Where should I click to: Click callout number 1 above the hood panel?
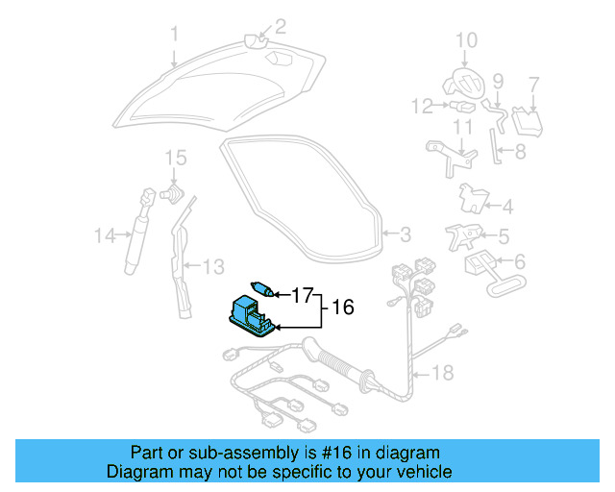pyautogui.click(x=175, y=35)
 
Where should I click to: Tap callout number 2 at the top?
pyautogui.click(x=282, y=26)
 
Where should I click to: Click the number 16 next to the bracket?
pyautogui.click(x=343, y=308)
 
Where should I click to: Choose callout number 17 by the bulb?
pyautogui.click(x=303, y=295)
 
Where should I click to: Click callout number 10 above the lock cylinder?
pyautogui.click(x=465, y=40)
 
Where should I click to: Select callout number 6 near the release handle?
pyautogui.click(x=520, y=260)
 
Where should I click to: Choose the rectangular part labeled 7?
pyautogui.click(x=525, y=122)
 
